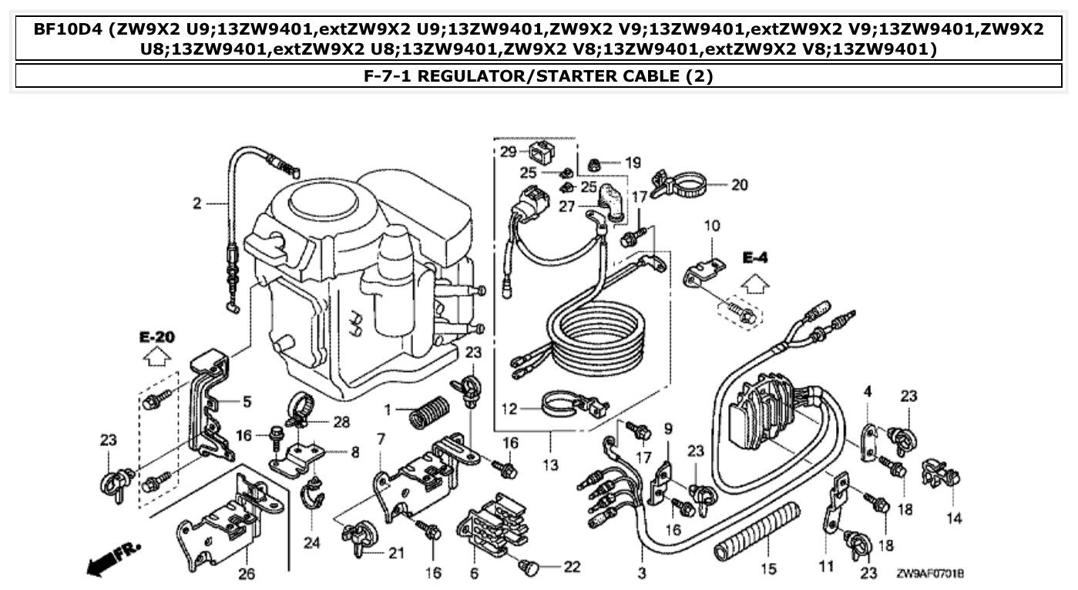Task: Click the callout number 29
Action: point(506,152)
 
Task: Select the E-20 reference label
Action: point(156,337)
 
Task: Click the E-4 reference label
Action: point(756,256)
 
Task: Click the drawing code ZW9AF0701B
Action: point(930,575)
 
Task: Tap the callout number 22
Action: point(571,566)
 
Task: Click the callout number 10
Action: point(711,226)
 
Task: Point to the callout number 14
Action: point(954,518)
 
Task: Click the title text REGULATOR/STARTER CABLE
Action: point(539,75)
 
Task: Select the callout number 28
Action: point(342,421)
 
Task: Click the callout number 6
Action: point(474,574)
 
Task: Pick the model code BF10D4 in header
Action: point(67,30)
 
